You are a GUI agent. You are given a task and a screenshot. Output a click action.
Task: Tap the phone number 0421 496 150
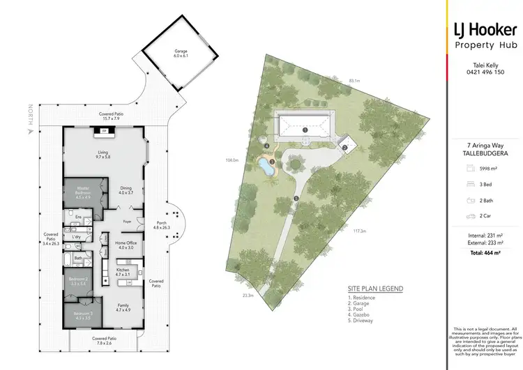click(x=483, y=72)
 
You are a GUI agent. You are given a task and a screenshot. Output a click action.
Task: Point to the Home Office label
click(x=126, y=244)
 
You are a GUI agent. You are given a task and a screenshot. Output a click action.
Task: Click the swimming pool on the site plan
click(x=265, y=166)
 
